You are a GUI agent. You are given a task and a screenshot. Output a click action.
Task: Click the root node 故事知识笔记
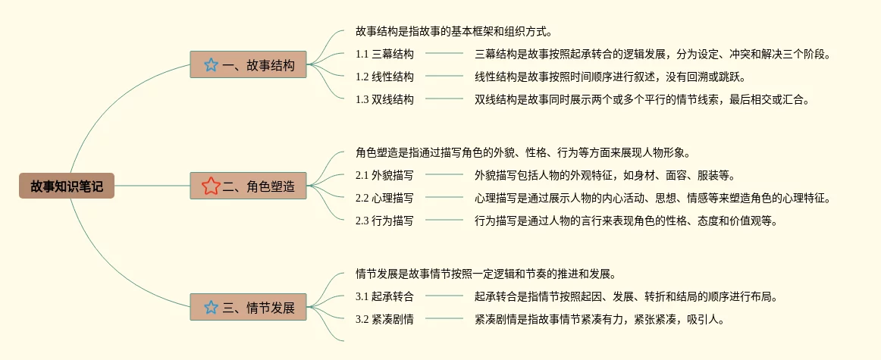coord(67,186)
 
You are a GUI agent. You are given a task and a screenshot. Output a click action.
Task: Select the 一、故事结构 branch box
coord(249,65)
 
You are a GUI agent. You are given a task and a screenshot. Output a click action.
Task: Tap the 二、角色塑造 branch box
coord(249,186)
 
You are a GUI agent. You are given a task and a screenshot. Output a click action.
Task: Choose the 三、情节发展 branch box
coord(249,308)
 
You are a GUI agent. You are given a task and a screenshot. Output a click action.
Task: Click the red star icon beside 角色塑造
coord(211,186)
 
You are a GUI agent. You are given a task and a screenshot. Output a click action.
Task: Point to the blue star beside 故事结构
coord(211,65)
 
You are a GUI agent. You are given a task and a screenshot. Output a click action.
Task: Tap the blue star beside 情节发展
coord(211,308)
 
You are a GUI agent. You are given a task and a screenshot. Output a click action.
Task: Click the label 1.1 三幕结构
coord(384,54)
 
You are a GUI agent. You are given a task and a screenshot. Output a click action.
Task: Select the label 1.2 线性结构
coord(384,77)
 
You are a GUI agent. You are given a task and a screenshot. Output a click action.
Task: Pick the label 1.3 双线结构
coord(384,99)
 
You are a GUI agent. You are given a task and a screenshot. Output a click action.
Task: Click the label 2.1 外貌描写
coord(384,175)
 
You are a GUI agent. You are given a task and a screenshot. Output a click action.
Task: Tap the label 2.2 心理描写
coord(384,198)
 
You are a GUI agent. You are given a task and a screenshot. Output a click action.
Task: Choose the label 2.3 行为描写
coord(384,221)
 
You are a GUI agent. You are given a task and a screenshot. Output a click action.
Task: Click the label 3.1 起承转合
coord(384,296)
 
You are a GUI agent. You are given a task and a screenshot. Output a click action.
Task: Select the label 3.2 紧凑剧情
coord(384,319)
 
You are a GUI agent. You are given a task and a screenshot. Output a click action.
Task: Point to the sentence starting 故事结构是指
coord(453,32)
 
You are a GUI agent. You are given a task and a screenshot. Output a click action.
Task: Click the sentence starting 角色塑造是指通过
coord(523,152)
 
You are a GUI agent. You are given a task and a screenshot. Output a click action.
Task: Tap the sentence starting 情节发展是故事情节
coord(485,274)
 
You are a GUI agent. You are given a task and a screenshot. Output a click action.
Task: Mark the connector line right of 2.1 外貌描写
coord(444,175)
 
